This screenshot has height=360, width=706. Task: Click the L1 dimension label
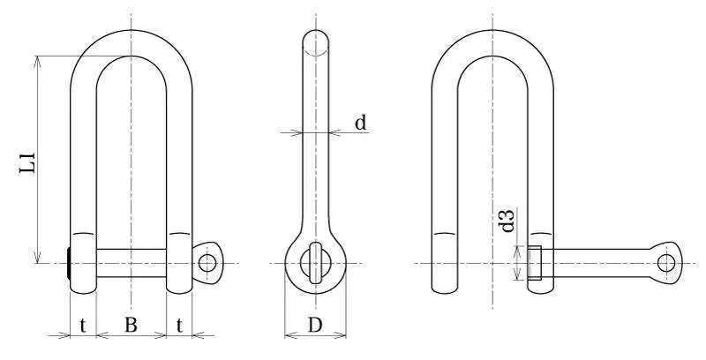tap(28, 164)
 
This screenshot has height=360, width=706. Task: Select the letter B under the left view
tap(130, 325)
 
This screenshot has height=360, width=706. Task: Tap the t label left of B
tap(82, 325)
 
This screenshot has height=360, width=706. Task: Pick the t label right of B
tap(179, 325)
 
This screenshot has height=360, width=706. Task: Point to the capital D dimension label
tap(315, 325)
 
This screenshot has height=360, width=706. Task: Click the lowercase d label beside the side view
tap(360, 123)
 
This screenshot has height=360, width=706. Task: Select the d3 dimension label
tap(507, 220)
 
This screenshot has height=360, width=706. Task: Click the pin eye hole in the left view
tap(207, 262)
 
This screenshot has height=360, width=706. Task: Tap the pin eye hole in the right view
tap(667, 262)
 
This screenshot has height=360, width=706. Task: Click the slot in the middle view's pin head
tap(316, 263)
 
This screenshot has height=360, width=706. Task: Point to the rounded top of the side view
tap(316, 37)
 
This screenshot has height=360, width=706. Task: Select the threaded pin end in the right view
tap(535, 263)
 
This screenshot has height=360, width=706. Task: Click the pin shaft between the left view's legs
tap(131, 263)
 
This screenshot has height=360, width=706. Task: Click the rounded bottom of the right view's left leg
tap(444, 289)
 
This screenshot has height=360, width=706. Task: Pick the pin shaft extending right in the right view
tap(600, 263)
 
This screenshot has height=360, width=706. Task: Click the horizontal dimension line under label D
tap(315, 335)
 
